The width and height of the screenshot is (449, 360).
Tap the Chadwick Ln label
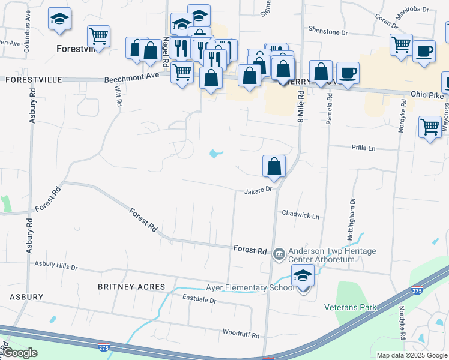tap(300, 214)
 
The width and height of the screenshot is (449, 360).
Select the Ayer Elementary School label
tap(250, 287)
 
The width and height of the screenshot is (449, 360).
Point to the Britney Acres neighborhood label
tap(131, 287)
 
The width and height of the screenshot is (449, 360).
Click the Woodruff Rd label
tap(241, 334)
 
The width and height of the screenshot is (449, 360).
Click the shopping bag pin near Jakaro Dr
tap(274, 166)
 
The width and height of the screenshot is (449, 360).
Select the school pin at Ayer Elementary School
tap(303, 277)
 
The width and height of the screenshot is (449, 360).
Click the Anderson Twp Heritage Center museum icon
tap(279, 254)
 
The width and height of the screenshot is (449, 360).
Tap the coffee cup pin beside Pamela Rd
tap(348, 74)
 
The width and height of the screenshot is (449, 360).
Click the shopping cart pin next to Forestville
tap(98, 36)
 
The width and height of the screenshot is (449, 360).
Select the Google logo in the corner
tap(20, 353)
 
